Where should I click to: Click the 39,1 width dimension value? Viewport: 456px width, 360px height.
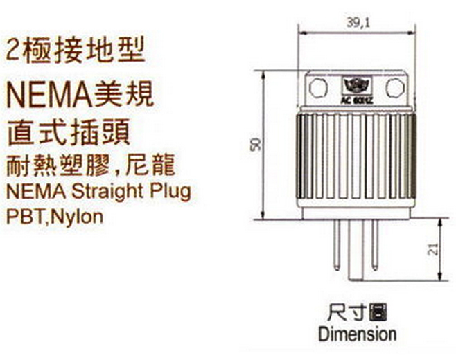tap(357, 22)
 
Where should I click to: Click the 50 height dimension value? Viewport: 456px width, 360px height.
tap(256, 145)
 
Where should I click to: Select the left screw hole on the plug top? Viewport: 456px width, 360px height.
tap(318, 88)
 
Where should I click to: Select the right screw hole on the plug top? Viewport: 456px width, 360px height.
tap(395, 87)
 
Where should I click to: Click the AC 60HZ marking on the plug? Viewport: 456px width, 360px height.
tap(357, 100)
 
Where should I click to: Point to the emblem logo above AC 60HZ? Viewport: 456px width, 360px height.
tap(357, 85)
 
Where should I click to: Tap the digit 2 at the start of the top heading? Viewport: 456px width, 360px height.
tap(12, 50)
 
